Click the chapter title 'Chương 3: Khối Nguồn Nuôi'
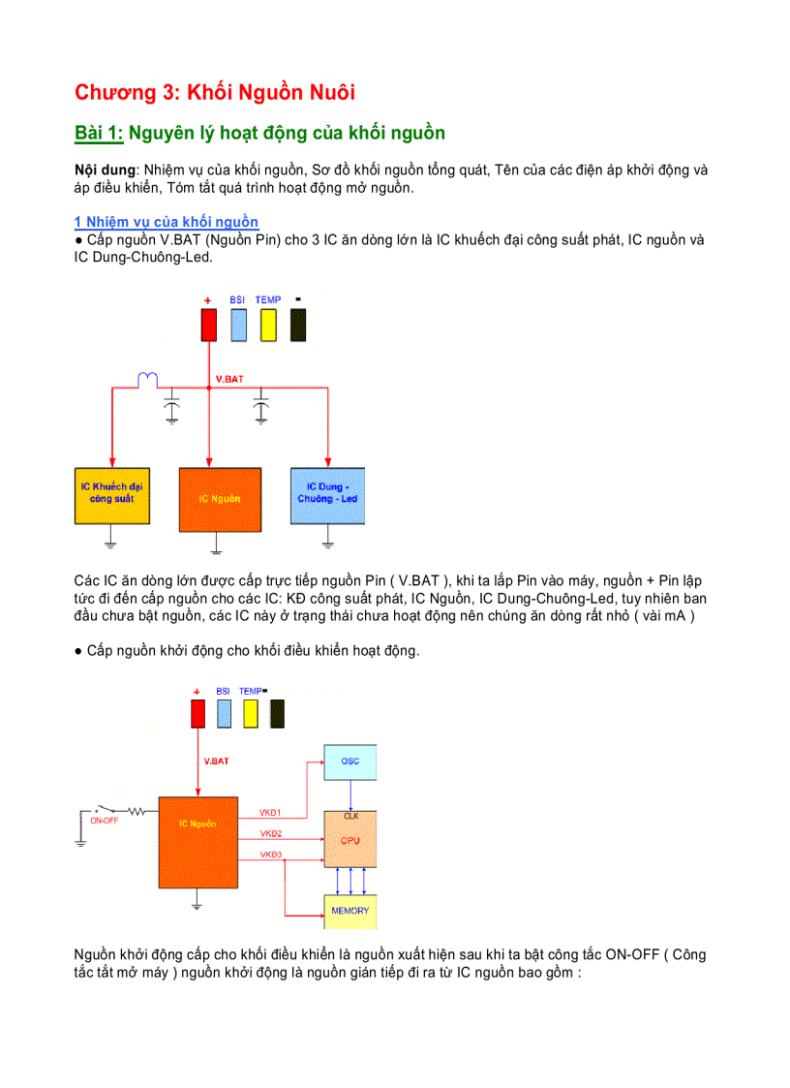click(215, 93)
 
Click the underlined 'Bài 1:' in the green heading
click(99, 133)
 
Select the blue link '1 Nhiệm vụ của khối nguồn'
click(166, 222)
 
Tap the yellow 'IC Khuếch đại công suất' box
click(111, 495)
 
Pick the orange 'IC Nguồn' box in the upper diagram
click(220, 499)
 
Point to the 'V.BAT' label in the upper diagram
click(229, 379)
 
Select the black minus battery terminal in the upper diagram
click(298, 324)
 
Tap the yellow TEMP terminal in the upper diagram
click(267, 324)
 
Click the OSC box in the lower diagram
click(350, 762)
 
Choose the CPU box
click(350, 840)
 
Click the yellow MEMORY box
click(349, 911)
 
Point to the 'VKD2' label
click(271, 833)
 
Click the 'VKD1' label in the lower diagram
click(271, 811)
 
